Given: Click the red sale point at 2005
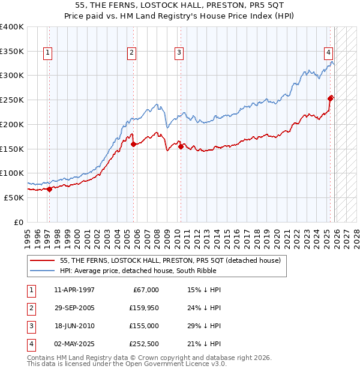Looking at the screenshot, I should click(x=133, y=144).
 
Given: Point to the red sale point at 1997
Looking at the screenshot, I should click(x=49, y=189).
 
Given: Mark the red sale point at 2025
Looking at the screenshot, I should click(x=331, y=98).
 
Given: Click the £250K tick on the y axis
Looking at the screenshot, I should click(x=12, y=100).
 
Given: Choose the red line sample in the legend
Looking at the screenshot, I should click(x=43, y=260).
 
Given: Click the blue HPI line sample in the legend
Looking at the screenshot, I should click(x=43, y=271).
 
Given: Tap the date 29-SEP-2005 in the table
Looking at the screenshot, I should click(x=74, y=308).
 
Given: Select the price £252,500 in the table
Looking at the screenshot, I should click(x=144, y=344).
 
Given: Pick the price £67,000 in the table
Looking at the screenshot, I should click(x=146, y=290).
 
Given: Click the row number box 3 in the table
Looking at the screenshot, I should click(x=30, y=326).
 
